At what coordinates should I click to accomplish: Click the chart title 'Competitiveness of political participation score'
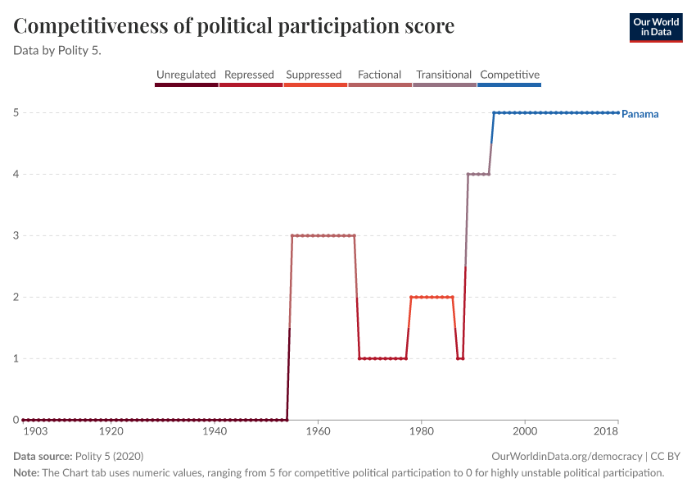click(x=234, y=26)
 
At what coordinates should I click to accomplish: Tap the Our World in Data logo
click(x=656, y=27)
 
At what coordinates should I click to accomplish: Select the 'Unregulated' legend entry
click(x=186, y=75)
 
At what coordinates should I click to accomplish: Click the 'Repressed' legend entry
click(x=249, y=75)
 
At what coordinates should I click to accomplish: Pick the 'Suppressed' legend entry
click(x=314, y=75)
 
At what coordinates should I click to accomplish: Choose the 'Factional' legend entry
click(x=379, y=75)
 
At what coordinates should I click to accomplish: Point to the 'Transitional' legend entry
click(x=444, y=75)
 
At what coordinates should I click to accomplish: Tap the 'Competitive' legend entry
click(x=509, y=75)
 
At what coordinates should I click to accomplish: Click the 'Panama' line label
click(x=640, y=114)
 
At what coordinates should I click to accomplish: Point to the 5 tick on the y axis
click(x=16, y=112)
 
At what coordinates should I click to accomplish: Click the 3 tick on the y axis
click(x=16, y=235)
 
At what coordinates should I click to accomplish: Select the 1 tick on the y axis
click(x=16, y=358)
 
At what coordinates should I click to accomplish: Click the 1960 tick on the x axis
click(x=318, y=431)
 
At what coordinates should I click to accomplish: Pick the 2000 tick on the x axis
click(x=525, y=431)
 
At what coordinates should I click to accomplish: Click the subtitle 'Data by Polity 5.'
click(x=63, y=49)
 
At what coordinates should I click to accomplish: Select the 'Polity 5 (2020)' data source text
click(x=109, y=456)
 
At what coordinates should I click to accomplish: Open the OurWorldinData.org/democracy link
click(x=567, y=456)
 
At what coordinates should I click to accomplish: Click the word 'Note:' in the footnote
click(x=26, y=473)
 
